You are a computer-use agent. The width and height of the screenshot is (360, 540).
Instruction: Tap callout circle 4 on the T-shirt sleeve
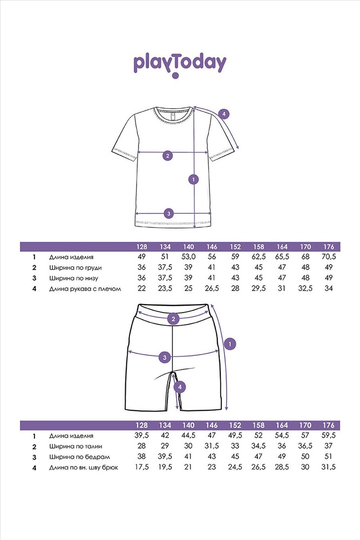pyautogui.click(x=223, y=113)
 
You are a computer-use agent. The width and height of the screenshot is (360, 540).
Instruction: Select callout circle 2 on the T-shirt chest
pyautogui.click(x=168, y=156)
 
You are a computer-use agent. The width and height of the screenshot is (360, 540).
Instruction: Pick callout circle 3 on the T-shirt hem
pyautogui.click(x=168, y=213)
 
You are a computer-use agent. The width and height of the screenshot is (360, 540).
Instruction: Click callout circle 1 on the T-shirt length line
pyautogui.click(x=194, y=179)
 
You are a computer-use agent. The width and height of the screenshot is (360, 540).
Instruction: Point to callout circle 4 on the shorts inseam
pyautogui.click(x=180, y=387)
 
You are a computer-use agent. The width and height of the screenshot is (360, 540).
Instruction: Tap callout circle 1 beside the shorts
pyautogui.click(x=230, y=343)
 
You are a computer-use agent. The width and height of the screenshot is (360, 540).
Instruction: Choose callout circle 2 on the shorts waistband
pyautogui.click(x=173, y=319)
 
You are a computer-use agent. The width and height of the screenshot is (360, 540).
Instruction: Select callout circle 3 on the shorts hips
pyautogui.click(x=165, y=357)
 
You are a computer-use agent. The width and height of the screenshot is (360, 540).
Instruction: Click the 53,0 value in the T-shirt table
pyautogui.click(x=188, y=257)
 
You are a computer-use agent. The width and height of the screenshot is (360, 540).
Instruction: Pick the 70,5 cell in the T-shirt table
pyautogui.click(x=329, y=257)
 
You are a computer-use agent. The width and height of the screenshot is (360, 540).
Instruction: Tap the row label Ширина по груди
pyautogui.click(x=76, y=268)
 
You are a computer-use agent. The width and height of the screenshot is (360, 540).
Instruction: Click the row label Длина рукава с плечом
pyautogui.click(x=85, y=289)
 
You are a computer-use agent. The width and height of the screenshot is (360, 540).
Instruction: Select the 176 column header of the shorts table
pyautogui.click(x=329, y=426)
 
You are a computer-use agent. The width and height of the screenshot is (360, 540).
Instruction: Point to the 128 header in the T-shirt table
pyautogui.click(x=141, y=247)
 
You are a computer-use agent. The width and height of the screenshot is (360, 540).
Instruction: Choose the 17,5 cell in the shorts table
pyautogui.click(x=141, y=467)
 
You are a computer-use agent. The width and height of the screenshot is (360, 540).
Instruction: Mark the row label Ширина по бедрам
pyautogui.click(x=79, y=457)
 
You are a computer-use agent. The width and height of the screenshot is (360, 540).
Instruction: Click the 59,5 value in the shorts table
pyautogui.click(x=329, y=436)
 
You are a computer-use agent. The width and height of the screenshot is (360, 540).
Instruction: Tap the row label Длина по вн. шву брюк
pyautogui.click(x=84, y=468)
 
